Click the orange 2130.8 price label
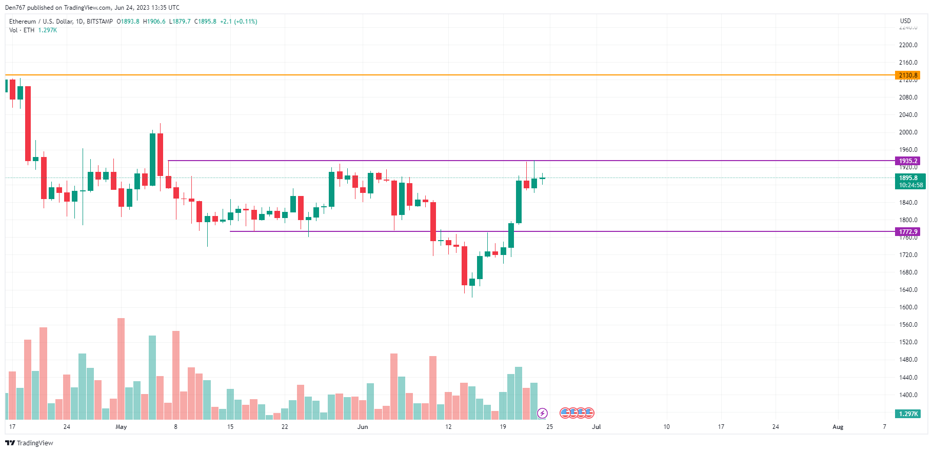(x=908, y=75)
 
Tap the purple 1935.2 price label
(x=908, y=161)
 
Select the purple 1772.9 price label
(x=908, y=232)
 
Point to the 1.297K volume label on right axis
(x=908, y=414)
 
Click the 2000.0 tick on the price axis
(x=908, y=132)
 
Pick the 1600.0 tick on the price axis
(x=908, y=307)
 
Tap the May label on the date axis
(x=121, y=427)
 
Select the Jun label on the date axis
(x=363, y=427)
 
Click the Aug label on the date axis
(x=838, y=427)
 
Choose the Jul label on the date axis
(x=596, y=427)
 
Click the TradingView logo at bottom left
(x=29, y=443)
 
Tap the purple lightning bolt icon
(x=542, y=413)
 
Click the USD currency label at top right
(x=905, y=21)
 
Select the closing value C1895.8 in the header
(x=205, y=22)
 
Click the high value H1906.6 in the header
(x=154, y=22)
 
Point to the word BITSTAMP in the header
(x=100, y=22)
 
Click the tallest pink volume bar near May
(x=121, y=368)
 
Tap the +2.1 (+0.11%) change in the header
(x=239, y=22)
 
